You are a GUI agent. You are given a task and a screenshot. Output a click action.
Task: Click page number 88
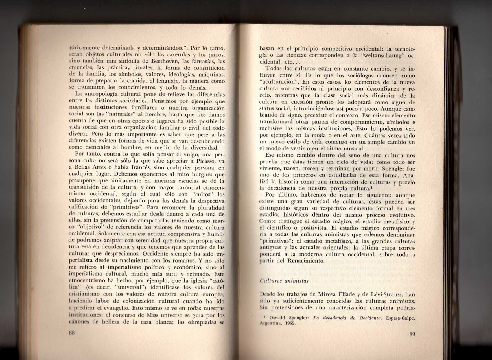71,333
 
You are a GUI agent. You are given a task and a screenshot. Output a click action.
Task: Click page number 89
412,334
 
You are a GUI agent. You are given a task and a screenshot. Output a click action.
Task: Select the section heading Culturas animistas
284,281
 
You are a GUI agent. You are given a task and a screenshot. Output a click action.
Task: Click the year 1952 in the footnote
290,323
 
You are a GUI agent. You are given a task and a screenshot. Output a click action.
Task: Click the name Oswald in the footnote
278,318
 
